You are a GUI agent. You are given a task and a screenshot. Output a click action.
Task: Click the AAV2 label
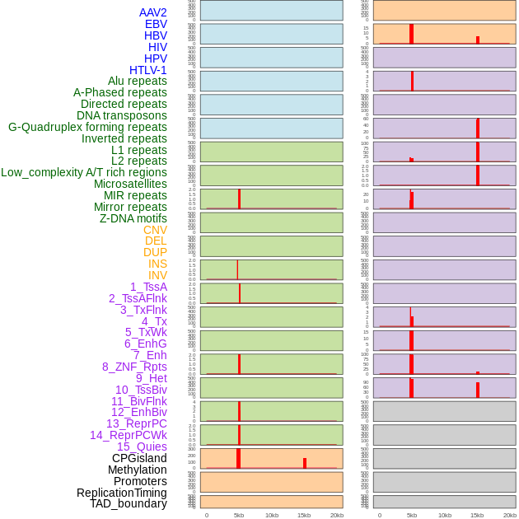point(153,12)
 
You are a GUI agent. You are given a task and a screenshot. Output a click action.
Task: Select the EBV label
point(156,24)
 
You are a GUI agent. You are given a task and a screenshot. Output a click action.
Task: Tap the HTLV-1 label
point(148,70)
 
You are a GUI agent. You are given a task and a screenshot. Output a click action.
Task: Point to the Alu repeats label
point(138,81)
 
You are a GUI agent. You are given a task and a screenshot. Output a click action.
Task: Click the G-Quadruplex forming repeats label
point(87,127)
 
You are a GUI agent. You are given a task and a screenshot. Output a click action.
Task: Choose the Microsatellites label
point(130,184)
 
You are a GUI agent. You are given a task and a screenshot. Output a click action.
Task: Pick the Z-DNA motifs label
point(133,218)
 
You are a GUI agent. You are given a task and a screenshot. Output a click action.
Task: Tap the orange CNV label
point(155,230)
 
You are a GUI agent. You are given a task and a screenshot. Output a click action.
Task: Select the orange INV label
point(157,275)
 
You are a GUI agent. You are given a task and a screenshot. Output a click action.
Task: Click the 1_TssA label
point(148,287)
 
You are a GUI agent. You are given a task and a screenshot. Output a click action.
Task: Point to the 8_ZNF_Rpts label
point(134,367)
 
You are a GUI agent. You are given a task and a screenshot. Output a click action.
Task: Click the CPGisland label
point(139,458)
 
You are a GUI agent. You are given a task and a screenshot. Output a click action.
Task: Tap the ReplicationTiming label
point(122,493)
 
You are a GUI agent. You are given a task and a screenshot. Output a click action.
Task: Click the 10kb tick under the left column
point(272,515)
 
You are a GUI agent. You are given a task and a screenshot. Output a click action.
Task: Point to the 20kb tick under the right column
point(510,515)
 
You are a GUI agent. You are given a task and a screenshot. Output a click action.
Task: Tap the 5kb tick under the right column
point(412,515)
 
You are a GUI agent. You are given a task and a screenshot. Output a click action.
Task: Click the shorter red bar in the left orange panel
point(305,463)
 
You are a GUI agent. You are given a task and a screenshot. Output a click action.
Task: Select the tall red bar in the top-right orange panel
point(412,34)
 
